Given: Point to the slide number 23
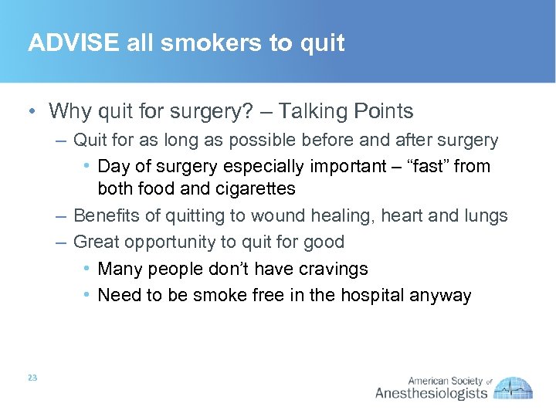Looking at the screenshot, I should (32, 378).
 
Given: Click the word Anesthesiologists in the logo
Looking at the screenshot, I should (431, 394).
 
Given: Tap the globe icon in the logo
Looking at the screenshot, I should (514, 387).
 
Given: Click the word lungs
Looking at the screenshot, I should (483, 215).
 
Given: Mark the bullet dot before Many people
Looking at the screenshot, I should (88, 269).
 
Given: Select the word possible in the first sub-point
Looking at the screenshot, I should (254, 141).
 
